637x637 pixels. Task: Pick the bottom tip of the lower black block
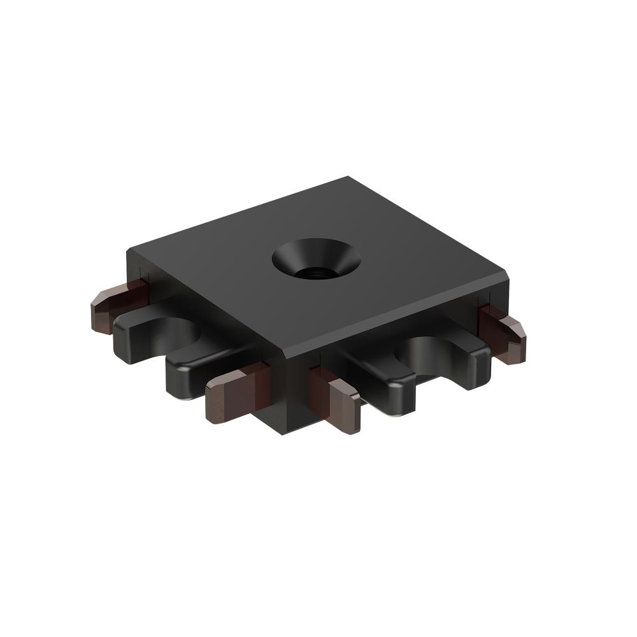tap(280, 433)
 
